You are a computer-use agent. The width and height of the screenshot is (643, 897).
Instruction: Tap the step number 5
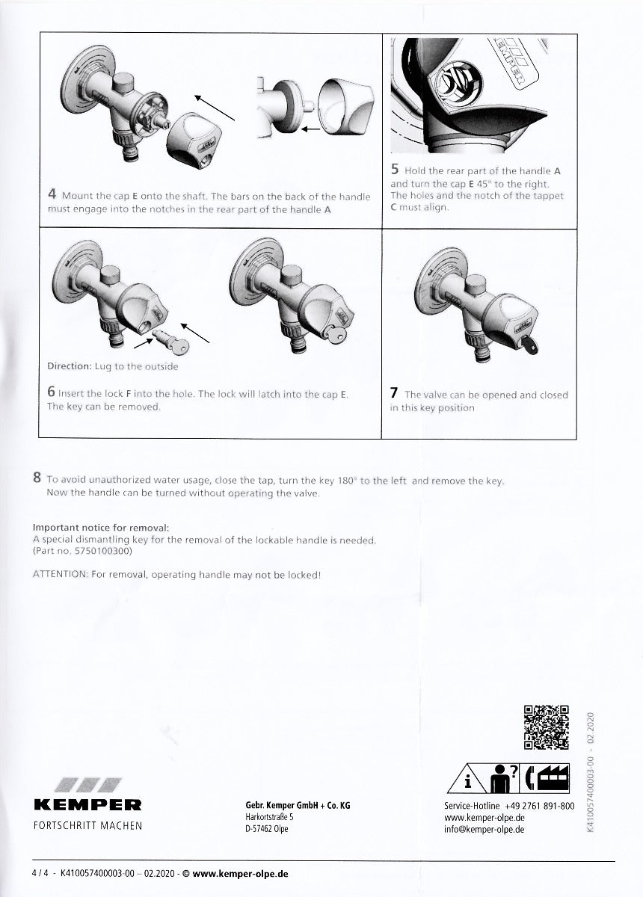[x=395, y=170]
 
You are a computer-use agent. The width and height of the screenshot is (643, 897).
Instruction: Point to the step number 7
[x=394, y=393]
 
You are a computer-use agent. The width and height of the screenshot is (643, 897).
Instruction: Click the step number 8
[x=37, y=478]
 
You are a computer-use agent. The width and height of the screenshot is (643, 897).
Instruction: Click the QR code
[x=547, y=727]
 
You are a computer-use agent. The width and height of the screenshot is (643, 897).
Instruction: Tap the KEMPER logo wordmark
[x=87, y=805]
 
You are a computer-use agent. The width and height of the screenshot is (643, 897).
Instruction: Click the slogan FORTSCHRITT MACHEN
[x=87, y=826]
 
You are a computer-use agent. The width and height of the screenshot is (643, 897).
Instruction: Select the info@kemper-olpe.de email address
[x=484, y=829]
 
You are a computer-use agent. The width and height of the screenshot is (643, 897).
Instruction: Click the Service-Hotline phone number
[x=539, y=806]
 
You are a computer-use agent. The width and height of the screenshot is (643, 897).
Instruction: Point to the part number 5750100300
[x=101, y=550]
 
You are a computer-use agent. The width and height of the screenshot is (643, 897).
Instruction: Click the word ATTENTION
[x=59, y=574]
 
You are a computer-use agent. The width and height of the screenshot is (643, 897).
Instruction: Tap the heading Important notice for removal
[x=101, y=527]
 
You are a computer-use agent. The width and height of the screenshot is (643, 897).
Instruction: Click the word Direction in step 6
[x=69, y=366]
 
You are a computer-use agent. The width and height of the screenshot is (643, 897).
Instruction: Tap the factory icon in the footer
[x=554, y=777]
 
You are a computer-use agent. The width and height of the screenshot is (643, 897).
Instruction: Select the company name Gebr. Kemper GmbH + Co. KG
[x=298, y=805]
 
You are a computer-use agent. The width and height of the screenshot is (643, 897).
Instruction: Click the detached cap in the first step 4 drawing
[x=188, y=138]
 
